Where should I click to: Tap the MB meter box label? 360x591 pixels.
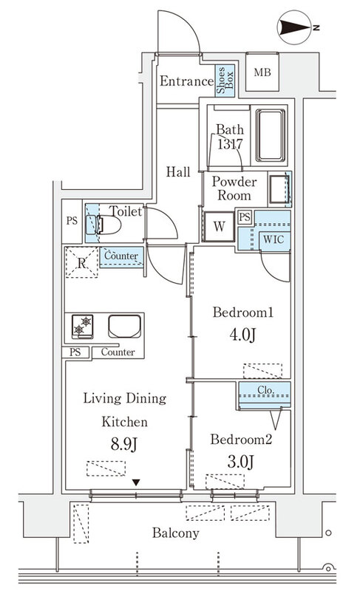click(262, 72)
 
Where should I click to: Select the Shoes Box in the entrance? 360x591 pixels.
click(225, 81)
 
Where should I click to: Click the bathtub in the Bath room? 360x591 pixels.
click(271, 135)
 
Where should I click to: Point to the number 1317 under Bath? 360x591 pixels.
click(230, 143)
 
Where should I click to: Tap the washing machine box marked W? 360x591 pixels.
click(219, 226)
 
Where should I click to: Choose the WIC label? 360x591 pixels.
click(274, 239)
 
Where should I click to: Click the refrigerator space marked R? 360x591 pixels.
click(82, 262)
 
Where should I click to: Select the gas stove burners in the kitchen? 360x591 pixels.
click(83, 326)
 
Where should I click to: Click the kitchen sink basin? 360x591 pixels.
click(125, 326)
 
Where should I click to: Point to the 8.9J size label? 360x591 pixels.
click(123, 445)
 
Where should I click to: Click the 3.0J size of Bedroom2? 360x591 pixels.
click(240, 461)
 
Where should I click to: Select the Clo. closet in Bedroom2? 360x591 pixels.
click(265, 395)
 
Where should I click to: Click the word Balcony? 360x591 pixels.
click(176, 533)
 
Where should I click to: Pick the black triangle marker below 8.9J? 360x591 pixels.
click(136, 482)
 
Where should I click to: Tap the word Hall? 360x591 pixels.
click(178, 172)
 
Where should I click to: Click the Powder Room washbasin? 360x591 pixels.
click(279, 189)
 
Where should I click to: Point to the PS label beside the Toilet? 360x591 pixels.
click(72, 220)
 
